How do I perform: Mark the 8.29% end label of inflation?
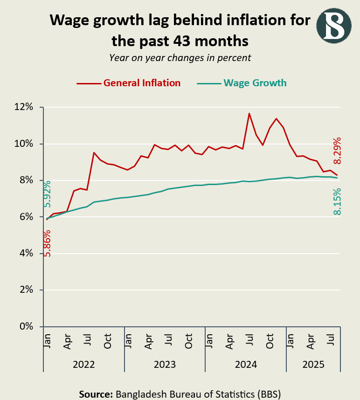[x=338, y=150]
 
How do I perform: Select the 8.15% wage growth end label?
[x=338, y=201]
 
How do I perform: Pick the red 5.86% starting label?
[x=47, y=243]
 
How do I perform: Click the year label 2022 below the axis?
[x=84, y=365]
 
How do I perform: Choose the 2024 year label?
[x=245, y=365]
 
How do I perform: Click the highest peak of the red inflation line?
[x=249, y=113]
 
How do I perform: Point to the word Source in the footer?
[x=96, y=393]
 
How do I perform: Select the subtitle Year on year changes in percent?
[x=180, y=58]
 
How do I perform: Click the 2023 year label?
[x=165, y=365]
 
